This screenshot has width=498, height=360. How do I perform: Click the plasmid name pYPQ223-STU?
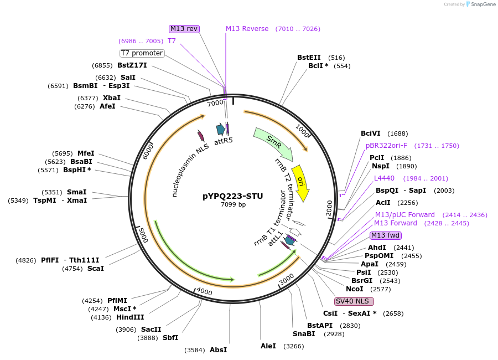[232, 196]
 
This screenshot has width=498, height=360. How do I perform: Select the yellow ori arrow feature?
[300, 183]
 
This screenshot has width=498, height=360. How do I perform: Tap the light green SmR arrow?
[272, 142]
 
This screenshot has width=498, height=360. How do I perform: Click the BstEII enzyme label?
[309, 58]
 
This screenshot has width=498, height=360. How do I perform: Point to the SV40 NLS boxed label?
[354, 301]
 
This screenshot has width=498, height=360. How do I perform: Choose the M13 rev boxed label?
[184, 29]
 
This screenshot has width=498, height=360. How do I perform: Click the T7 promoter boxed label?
[142, 53]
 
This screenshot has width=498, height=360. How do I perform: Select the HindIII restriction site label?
[130, 317]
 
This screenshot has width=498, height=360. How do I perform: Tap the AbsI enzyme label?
[218, 350]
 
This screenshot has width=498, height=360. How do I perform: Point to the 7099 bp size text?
[232, 205]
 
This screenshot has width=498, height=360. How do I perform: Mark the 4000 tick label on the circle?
[204, 292]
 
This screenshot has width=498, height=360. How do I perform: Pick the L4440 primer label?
[384, 178]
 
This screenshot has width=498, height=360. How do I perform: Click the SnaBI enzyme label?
[304, 333]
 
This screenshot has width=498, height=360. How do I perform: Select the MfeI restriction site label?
[86, 153]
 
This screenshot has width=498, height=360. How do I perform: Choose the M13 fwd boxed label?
[385, 235]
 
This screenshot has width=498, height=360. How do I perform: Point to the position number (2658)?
[393, 313]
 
